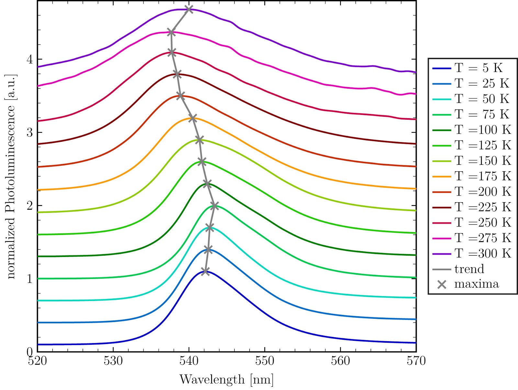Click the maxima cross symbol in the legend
(x=442, y=284)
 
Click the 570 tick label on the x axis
(x=416, y=361)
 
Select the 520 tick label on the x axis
(x=38, y=361)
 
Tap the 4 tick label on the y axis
(x=30, y=60)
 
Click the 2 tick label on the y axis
(x=30, y=206)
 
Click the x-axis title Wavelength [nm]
(x=226, y=380)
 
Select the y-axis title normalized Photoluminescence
(x=11, y=176)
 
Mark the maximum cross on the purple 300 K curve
(x=189, y=9)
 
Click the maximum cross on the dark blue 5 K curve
(x=205, y=271)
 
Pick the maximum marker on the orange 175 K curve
(x=193, y=118)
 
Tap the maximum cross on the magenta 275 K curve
(x=171, y=32)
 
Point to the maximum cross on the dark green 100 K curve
(x=208, y=184)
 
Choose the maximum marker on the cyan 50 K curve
(x=210, y=228)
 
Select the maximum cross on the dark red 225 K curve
(x=177, y=74)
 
